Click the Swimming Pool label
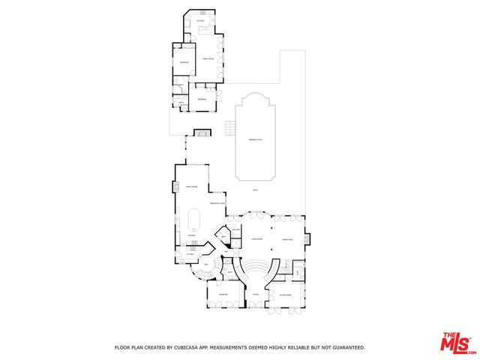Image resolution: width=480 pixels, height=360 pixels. [x=255, y=139]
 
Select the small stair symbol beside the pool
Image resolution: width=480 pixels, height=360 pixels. [x=227, y=129]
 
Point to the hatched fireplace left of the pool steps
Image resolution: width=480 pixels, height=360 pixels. [x=201, y=133]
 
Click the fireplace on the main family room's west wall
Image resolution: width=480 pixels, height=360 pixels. [x=175, y=188]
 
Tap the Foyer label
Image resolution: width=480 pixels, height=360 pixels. [x=255, y=295]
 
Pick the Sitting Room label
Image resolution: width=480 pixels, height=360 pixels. [x=284, y=295]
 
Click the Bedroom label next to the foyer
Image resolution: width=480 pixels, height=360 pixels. [x=223, y=295]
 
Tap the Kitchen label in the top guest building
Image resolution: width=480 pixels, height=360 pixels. [x=200, y=20]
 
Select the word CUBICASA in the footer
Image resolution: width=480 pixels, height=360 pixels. [x=187, y=347]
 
